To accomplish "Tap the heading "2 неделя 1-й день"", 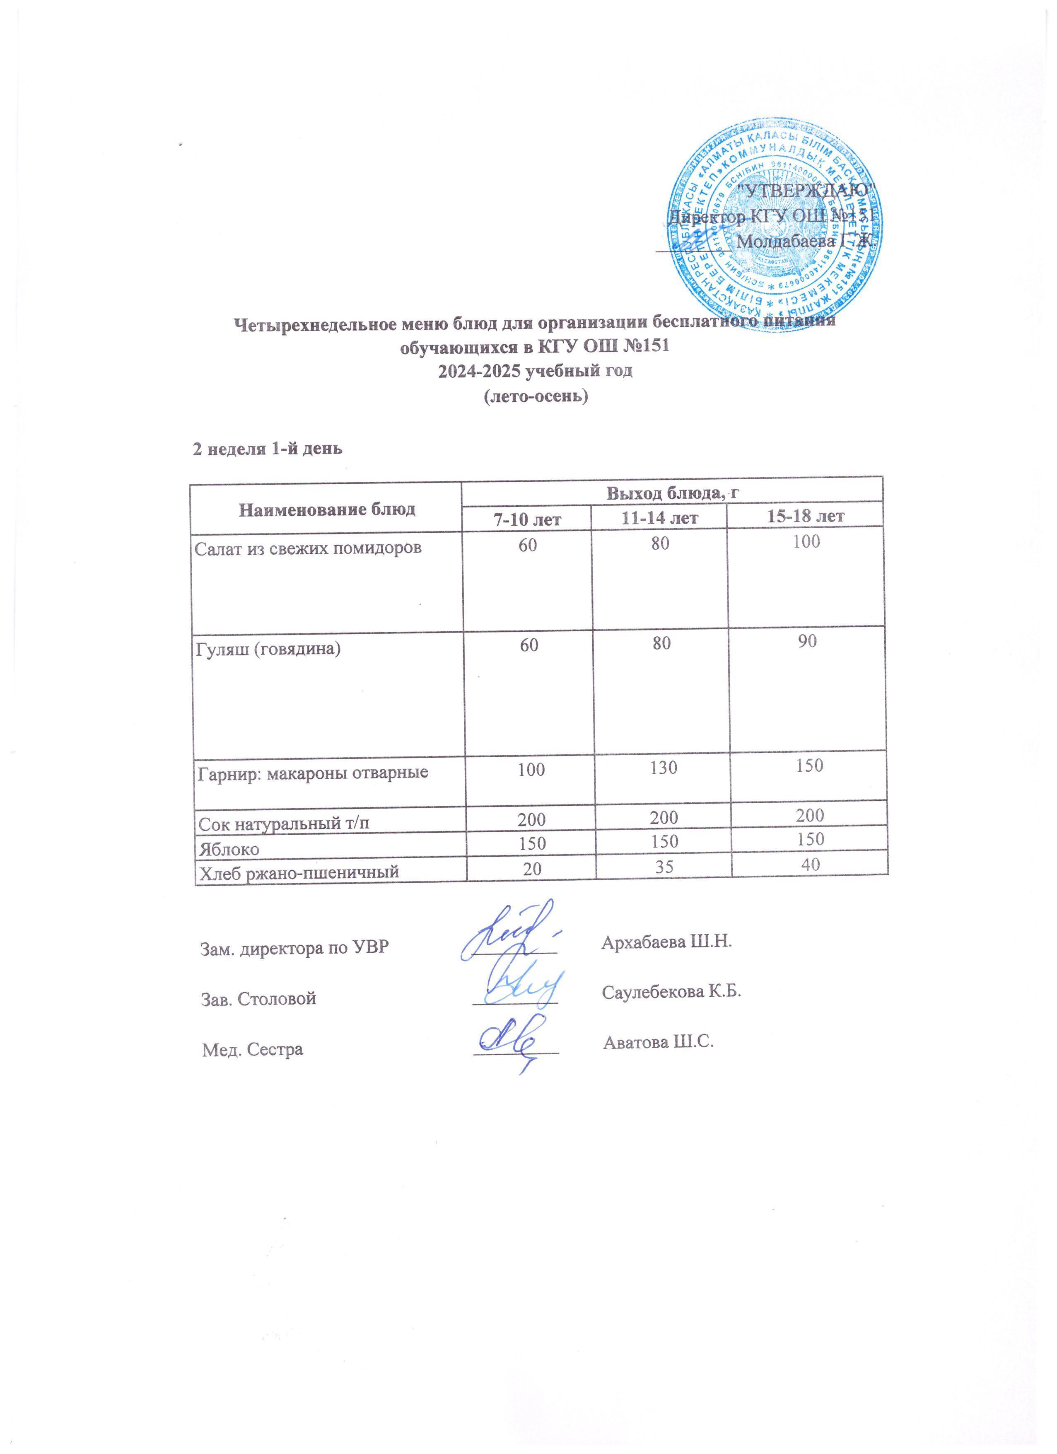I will coord(268,449).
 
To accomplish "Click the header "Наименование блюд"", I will coord(327,509).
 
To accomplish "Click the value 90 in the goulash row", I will coord(807,641).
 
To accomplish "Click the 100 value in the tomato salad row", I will coord(806,542).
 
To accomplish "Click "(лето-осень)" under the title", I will coord(535,396).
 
